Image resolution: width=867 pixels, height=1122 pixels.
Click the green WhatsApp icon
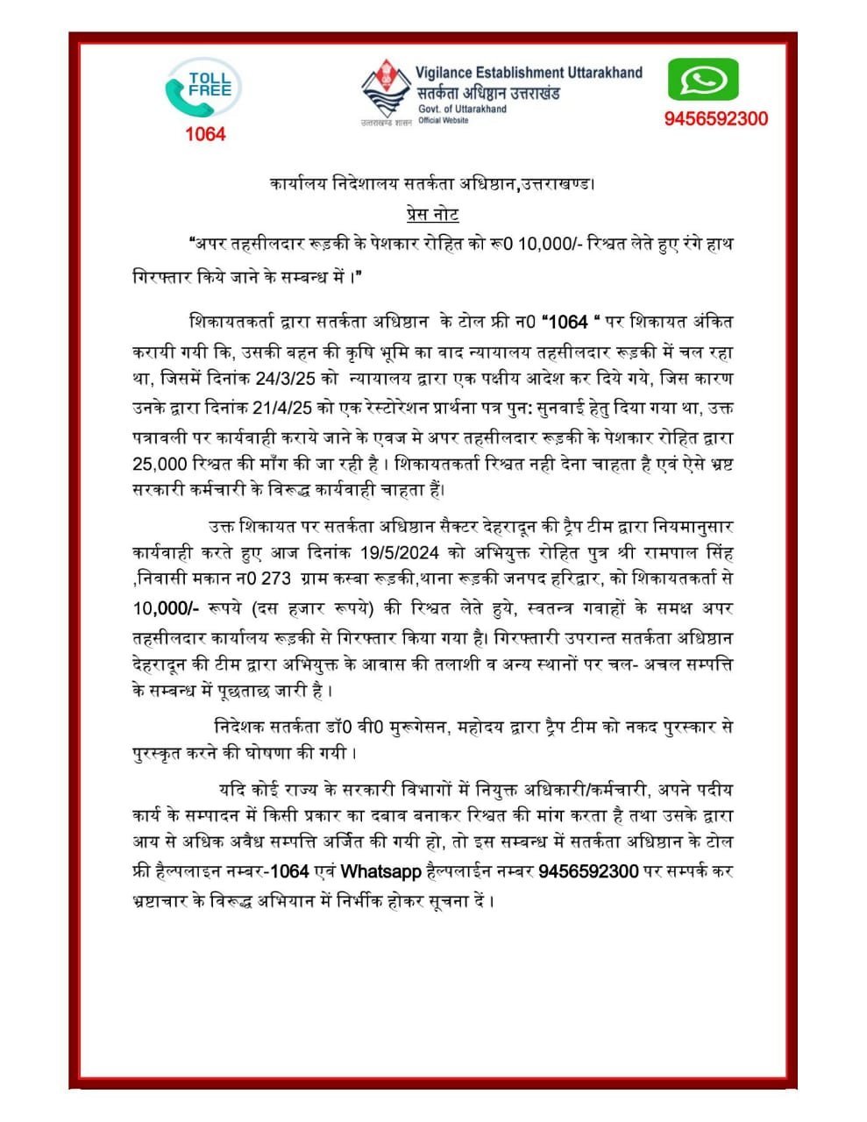click(703, 81)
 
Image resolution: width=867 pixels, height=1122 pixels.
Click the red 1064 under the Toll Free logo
click(204, 134)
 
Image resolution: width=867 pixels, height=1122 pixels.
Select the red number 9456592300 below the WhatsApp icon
click(715, 119)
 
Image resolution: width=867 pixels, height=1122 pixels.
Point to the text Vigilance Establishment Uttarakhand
click(529, 73)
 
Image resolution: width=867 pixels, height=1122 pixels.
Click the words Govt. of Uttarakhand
click(462, 109)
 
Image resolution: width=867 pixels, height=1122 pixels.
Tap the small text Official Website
click(444, 120)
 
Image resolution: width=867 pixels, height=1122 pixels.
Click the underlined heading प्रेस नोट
click(432, 214)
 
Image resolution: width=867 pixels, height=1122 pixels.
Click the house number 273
click(279, 579)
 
